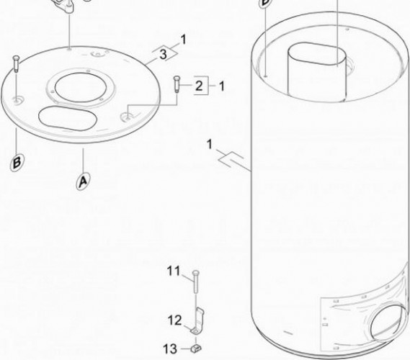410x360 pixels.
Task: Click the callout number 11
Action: (x=174, y=271)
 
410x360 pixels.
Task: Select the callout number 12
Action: (x=174, y=320)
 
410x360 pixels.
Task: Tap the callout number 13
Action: (x=170, y=348)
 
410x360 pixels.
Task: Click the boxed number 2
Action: (x=199, y=86)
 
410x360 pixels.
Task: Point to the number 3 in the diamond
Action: (x=163, y=54)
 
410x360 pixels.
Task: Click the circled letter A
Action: (x=83, y=181)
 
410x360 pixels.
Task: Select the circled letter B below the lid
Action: (x=17, y=163)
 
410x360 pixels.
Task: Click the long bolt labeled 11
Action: (x=196, y=282)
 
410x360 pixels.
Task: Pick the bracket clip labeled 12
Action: (x=197, y=321)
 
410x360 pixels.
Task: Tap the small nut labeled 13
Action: (x=197, y=348)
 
